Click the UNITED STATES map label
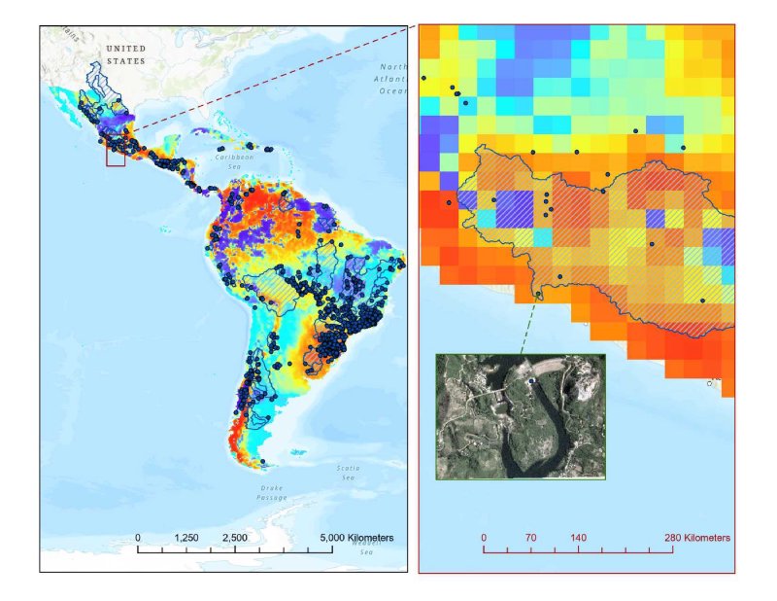(125, 54)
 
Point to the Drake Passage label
(271, 491)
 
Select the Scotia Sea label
(347, 473)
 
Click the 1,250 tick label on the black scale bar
(186, 538)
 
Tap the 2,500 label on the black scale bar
(234, 538)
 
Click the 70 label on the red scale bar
(530, 537)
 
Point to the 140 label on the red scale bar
(579, 537)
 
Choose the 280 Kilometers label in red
(696, 537)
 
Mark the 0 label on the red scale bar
(485, 537)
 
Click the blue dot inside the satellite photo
(530, 382)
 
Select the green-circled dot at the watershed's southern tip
(539, 295)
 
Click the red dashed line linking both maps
(272, 82)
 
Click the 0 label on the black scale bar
(138, 538)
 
